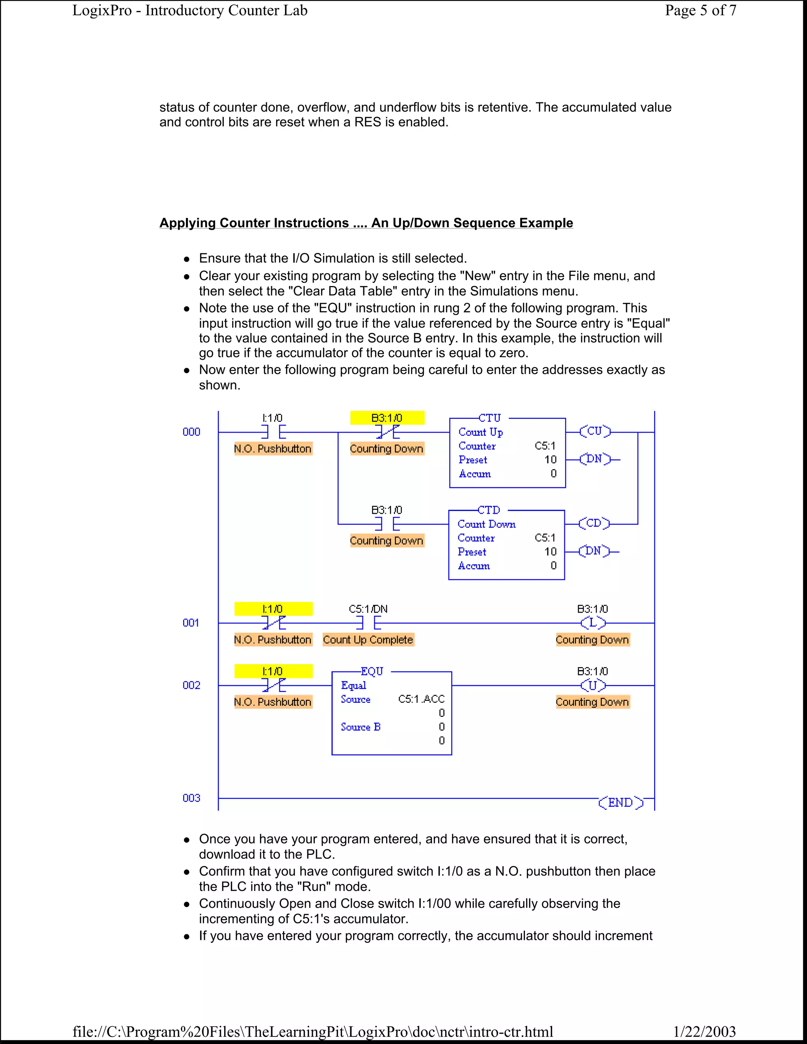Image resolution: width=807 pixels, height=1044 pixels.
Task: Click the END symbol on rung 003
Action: pyautogui.click(x=621, y=803)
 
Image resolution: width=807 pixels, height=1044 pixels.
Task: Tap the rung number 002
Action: pyautogui.click(x=191, y=685)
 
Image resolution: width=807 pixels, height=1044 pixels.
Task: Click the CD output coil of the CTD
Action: pyautogui.click(x=593, y=524)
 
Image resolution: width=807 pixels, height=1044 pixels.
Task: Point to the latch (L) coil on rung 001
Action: pyautogui.click(x=593, y=623)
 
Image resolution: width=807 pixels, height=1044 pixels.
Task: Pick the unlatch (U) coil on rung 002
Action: pyautogui.click(x=593, y=685)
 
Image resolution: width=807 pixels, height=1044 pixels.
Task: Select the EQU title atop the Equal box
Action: pyautogui.click(x=372, y=672)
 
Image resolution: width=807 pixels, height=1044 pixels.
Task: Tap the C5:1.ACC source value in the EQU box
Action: pyautogui.click(x=421, y=699)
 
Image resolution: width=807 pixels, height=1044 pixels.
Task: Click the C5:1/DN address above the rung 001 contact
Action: pyautogui.click(x=368, y=609)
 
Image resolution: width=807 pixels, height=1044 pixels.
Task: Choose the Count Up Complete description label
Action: pyautogui.click(x=368, y=639)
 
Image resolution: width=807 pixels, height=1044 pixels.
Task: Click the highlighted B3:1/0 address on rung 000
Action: pyautogui.click(x=387, y=418)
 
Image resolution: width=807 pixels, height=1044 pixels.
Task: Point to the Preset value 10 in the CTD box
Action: pyautogui.click(x=550, y=552)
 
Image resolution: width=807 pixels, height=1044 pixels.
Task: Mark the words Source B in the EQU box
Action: pyautogui.click(x=361, y=726)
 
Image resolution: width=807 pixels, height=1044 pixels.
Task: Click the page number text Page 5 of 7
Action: pyautogui.click(x=700, y=11)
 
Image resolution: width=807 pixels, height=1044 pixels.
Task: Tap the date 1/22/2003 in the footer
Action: pyautogui.click(x=704, y=1031)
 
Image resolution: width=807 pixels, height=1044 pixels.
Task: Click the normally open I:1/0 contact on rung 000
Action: pyautogui.click(x=273, y=432)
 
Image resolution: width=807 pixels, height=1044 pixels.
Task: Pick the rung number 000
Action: pyautogui.click(x=191, y=432)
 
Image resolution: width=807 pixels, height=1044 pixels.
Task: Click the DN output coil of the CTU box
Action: pyautogui.click(x=594, y=459)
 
